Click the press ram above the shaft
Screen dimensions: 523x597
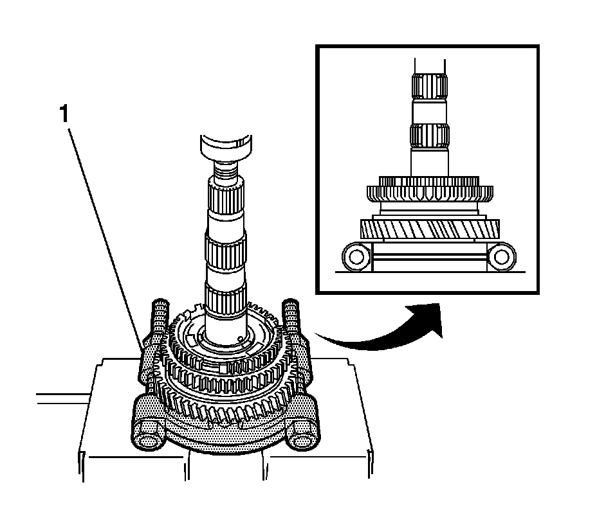225,149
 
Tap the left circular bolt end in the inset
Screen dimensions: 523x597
354,258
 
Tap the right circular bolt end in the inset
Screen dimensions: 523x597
502,258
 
